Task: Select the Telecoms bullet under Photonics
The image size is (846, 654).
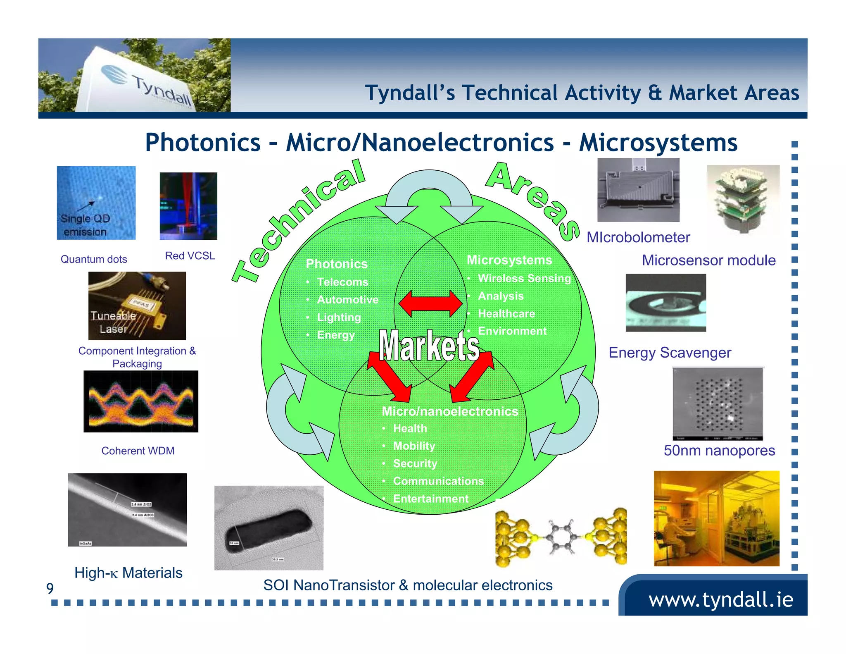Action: coord(342,282)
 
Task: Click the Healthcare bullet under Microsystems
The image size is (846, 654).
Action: coord(506,314)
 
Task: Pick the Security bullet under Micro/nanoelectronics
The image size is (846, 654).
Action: coord(415,463)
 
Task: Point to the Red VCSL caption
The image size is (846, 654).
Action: coord(190,256)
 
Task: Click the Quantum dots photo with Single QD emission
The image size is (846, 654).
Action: coord(96,203)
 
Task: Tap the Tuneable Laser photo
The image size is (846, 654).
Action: coord(137,306)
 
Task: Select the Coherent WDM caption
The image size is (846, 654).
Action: coord(138,451)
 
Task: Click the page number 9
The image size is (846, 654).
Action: coord(50,588)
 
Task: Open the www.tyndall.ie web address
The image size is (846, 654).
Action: coord(720,599)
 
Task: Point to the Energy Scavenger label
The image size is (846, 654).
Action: coord(670,353)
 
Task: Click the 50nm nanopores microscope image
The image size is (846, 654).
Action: coord(718,404)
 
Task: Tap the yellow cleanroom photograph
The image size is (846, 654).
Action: coord(716,518)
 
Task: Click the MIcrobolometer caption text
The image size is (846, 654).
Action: coord(638,237)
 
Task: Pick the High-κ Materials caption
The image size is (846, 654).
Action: coord(128,573)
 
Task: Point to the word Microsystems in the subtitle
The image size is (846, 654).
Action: coord(658,143)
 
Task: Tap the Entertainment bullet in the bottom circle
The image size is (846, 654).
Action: coord(430,499)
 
